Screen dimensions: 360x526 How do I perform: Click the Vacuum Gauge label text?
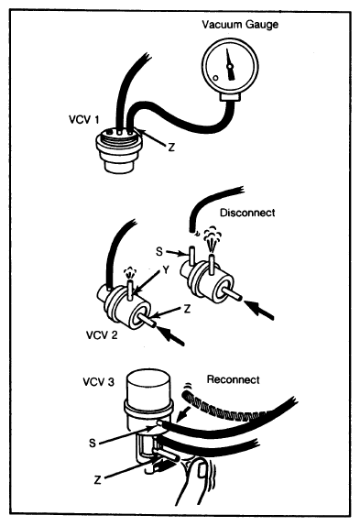pos(240,25)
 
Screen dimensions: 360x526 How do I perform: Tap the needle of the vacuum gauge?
pos(230,65)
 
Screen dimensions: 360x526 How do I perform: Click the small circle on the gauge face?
pos(216,78)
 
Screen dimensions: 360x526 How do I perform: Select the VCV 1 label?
pos(84,119)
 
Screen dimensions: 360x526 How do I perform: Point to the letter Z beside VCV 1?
pos(171,147)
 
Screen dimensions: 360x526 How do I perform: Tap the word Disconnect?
pos(247,213)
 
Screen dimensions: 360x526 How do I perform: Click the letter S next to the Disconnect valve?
pos(159,251)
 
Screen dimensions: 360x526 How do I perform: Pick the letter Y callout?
pos(165,269)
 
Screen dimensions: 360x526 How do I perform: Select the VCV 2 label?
pos(102,334)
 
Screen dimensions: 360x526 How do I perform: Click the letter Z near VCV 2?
pos(187,309)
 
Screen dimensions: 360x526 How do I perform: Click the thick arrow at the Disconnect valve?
pos(259,311)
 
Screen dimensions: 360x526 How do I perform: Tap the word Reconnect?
pos(234,379)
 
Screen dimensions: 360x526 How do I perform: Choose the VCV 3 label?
pos(99,382)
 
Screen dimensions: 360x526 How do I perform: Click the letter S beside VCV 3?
pos(93,444)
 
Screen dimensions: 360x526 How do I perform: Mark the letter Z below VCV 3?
pos(97,480)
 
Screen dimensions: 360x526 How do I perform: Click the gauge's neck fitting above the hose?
pos(230,97)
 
